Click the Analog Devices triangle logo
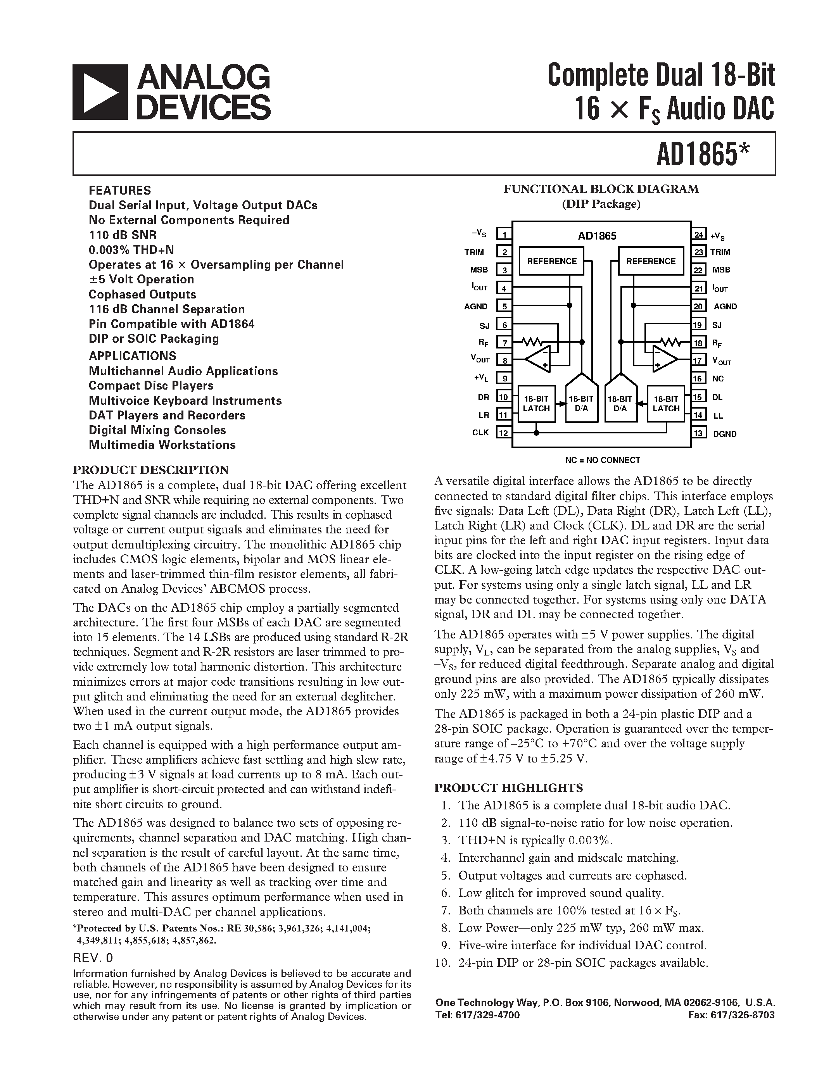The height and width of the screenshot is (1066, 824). point(100,92)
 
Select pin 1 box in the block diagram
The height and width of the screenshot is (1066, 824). point(504,234)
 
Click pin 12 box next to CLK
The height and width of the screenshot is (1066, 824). point(504,433)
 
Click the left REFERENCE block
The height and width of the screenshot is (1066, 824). point(552,261)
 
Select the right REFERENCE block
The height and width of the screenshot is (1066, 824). point(651,261)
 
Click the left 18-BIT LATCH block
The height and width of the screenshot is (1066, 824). point(536,404)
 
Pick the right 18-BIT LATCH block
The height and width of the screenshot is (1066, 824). point(666,404)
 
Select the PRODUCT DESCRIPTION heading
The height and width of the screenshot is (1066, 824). point(150,470)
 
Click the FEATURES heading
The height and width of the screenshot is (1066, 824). point(119,190)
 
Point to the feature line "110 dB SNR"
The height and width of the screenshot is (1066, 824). point(123,235)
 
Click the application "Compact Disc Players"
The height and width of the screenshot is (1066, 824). point(151,386)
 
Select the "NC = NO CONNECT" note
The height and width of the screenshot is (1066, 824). point(602,460)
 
